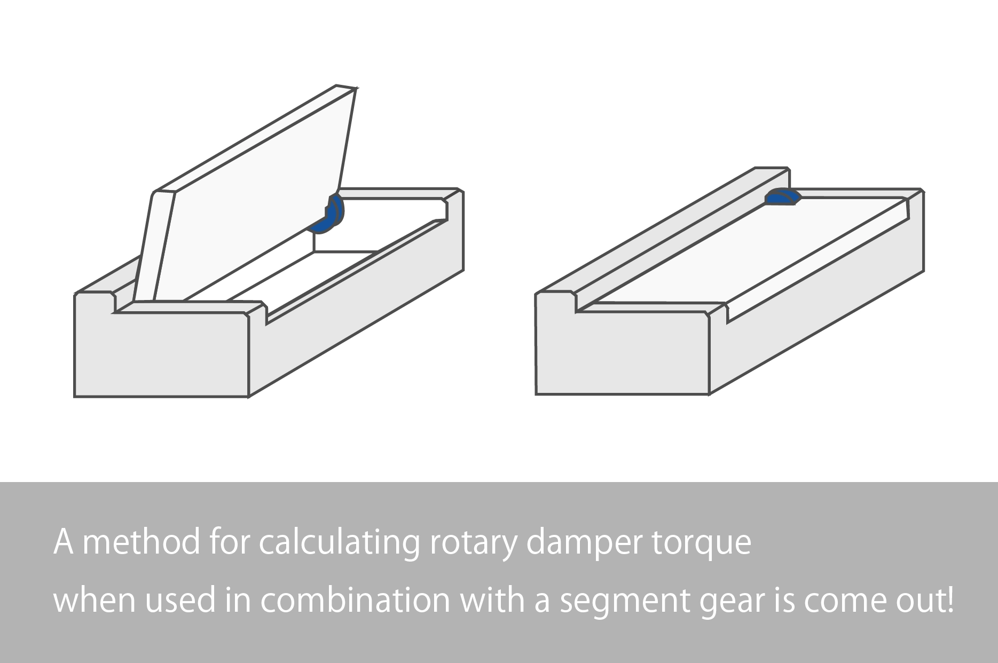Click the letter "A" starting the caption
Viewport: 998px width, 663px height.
(x=63, y=543)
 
